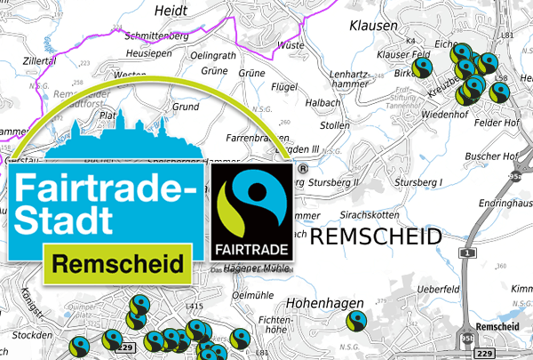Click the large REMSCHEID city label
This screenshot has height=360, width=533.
point(378,237)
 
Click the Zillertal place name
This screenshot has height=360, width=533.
point(39,60)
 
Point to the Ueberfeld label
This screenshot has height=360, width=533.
point(436,290)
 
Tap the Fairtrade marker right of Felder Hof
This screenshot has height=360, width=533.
point(500,92)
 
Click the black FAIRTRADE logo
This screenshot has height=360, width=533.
point(252,212)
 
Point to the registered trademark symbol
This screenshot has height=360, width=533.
point(304,167)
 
